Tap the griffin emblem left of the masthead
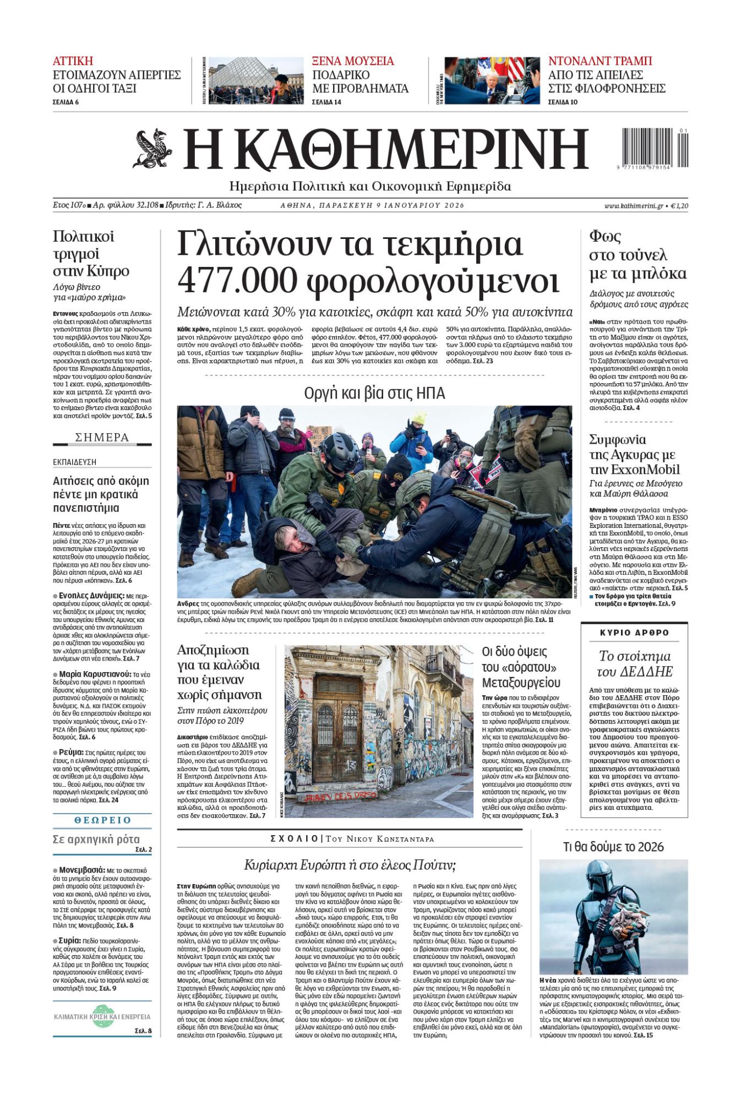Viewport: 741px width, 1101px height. tap(152, 149)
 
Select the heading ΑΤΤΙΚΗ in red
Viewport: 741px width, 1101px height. tap(73, 61)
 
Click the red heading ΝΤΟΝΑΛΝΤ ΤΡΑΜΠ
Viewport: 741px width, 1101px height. tap(600, 61)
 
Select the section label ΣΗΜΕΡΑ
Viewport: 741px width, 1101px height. tap(102, 438)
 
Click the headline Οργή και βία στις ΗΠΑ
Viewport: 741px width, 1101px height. tap(374, 393)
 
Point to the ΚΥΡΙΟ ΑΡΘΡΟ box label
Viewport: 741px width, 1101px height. tap(634, 633)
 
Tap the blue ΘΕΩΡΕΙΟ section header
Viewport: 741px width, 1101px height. tap(102, 820)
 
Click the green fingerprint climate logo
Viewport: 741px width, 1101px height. tap(102, 1017)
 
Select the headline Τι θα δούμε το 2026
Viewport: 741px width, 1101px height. tap(613, 847)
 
